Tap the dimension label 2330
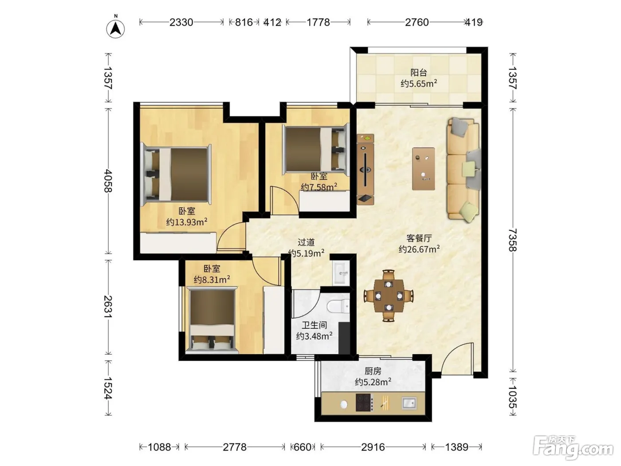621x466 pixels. (181, 22)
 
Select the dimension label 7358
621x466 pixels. (512, 240)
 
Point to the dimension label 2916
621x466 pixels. (373, 447)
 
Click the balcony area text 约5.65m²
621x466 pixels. (419, 83)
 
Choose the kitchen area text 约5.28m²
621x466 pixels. (373, 382)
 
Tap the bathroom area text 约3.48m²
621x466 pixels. (314, 336)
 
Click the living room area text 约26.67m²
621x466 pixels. (419, 249)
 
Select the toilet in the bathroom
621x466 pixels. (338, 307)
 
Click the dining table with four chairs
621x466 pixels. (389, 296)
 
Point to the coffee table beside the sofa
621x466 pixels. (423, 169)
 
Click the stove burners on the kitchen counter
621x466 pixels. (364, 403)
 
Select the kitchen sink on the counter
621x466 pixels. (409, 403)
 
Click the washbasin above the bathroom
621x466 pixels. (341, 273)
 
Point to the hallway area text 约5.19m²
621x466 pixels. (306, 253)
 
